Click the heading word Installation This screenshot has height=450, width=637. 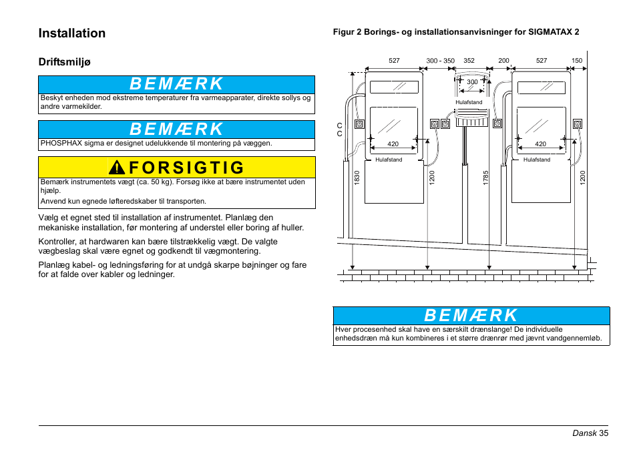[72, 33]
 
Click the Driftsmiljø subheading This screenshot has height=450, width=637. [64, 62]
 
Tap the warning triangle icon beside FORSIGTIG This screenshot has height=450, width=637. [118, 168]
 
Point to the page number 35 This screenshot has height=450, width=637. [604, 433]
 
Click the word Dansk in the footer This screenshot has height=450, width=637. [584, 433]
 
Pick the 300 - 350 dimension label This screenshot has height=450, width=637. [440, 61]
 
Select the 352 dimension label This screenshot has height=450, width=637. [469, 61]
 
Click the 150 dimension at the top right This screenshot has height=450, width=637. [577, 61]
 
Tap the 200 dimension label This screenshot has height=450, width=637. [503, 61]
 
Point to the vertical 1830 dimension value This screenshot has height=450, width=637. [357, 178]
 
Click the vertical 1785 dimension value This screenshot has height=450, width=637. [486, 178]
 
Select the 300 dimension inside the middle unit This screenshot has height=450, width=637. [472, 82]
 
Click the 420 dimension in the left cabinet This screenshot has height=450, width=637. [393, 144]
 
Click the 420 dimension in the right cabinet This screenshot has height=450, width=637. [540, 144]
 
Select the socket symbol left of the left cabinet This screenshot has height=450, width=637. [359, 124]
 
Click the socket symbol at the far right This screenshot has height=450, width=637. [577, 124]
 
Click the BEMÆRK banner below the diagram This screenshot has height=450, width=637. [471, 315]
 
